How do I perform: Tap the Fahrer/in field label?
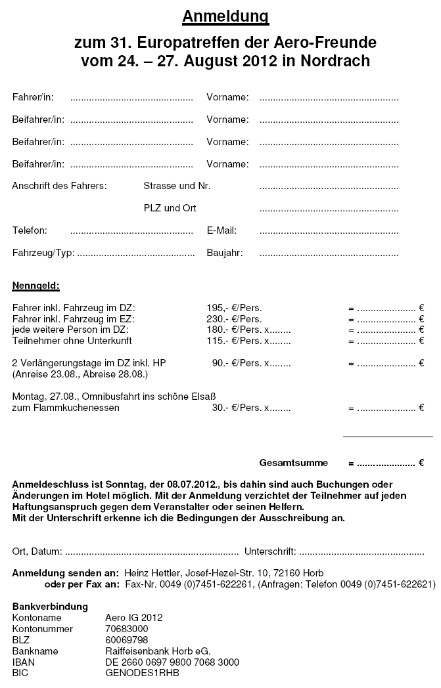[33, 98]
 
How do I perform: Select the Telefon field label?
[30, 230]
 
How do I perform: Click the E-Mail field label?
[221, 230]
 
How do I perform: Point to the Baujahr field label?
[225, 252]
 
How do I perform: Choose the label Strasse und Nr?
[177, 186]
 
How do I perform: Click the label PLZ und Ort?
[170, 208]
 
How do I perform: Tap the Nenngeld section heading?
[36, 286]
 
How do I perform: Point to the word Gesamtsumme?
[293, 463]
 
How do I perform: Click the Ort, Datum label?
[37, 550]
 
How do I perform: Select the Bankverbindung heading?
[50, 607]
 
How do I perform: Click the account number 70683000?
[126, 629]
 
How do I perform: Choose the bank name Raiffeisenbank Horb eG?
[158, 651]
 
